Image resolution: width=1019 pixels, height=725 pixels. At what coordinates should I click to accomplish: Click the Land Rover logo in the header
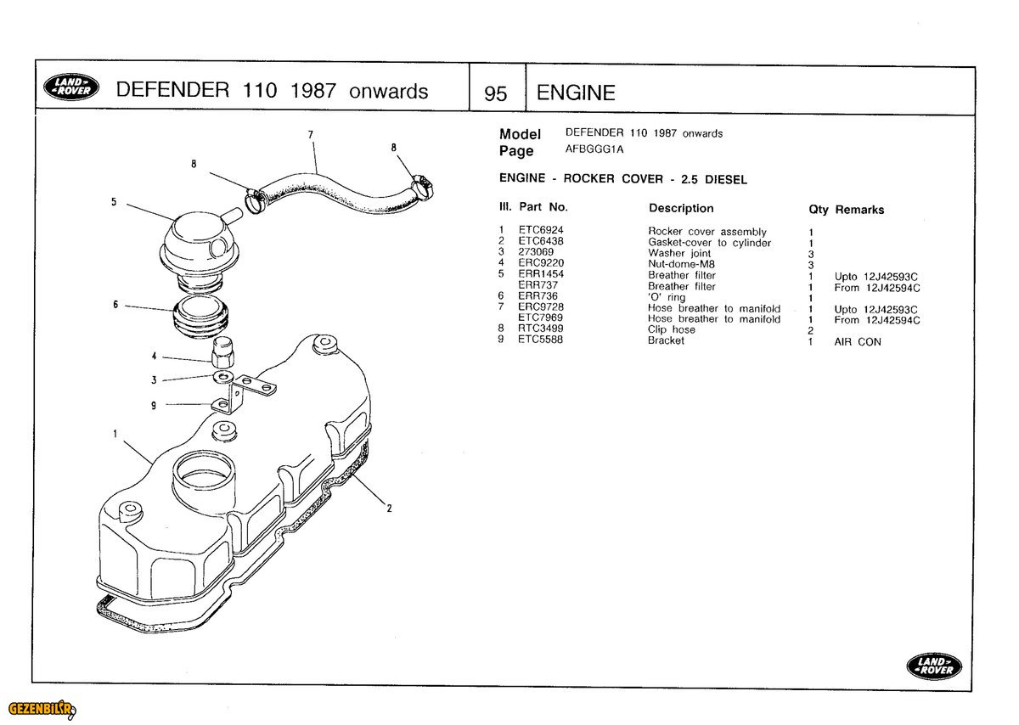point(70,87)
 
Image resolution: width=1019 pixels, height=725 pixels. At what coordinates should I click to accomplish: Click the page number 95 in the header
point(495,93)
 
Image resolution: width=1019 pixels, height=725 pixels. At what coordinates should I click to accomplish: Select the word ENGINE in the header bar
point(576,93)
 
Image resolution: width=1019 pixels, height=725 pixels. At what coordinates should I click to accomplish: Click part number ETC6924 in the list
point(541,230)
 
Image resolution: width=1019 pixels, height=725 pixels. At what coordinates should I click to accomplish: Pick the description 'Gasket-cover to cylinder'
point(709,243)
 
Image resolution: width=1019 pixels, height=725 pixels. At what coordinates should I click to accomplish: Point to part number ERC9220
point(541,263)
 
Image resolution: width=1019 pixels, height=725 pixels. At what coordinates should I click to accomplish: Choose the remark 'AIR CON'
point(858,342)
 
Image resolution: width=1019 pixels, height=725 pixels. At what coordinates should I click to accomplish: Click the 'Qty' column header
point(819,210)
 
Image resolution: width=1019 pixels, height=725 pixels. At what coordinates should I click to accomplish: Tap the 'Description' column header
point(681,208)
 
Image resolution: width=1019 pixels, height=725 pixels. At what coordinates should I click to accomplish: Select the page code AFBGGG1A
point(594,149)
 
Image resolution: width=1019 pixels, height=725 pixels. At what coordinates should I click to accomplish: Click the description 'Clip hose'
point(671,329)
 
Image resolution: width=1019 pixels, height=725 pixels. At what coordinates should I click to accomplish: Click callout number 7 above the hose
point(311,134)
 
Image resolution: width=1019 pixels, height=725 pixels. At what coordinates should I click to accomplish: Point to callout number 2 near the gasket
point(389,509)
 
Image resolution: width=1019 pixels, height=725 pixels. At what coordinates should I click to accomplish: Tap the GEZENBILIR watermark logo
point(41,709)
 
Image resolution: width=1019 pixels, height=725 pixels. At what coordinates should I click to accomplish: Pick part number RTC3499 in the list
point(541,329)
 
